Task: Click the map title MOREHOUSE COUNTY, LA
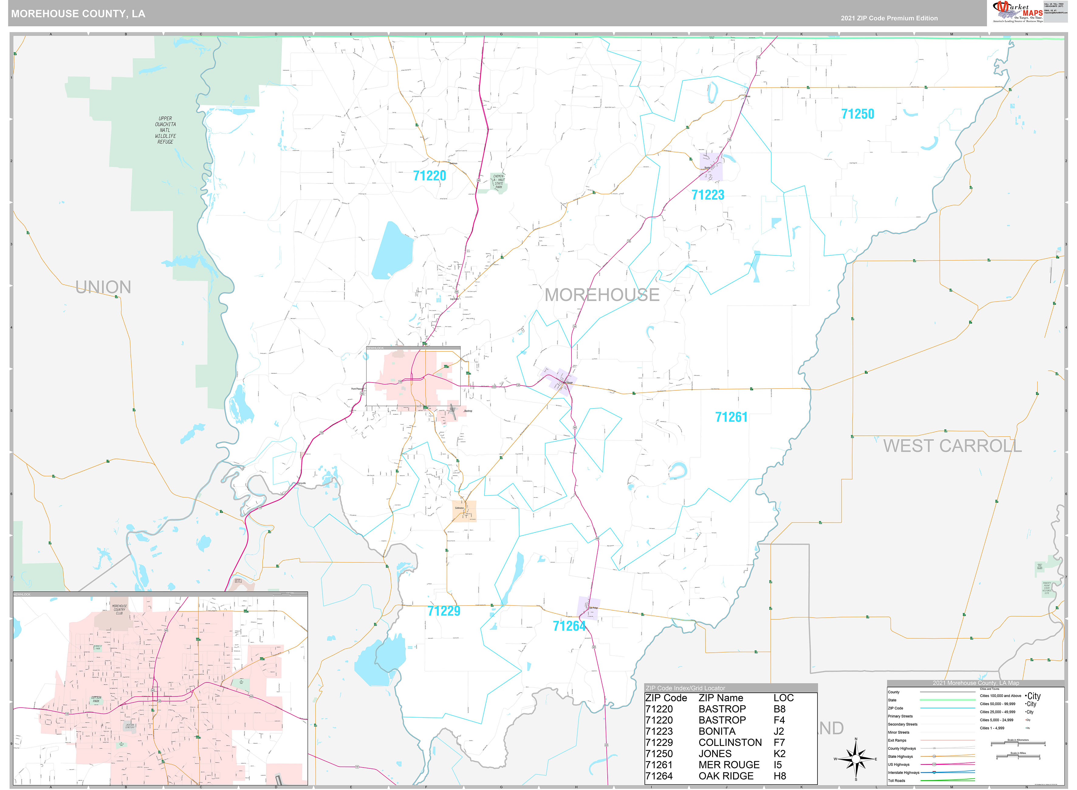pyautogui.click(x=78, y=13)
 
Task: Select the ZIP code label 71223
pyautogui.click(x=708, y=195)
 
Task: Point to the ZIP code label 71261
pyautogui.click(x=731, y=417)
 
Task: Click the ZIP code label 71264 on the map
pyautogui.click(x=569, y=626)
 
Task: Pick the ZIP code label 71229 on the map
pyautogui.click(x=444, y=611)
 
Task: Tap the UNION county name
pyautogui.click(x=103, y=287)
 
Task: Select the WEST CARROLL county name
pyautogui.click(x=952, y=446)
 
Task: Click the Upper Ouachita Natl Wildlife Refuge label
pyautogui.click(x=165, y=130)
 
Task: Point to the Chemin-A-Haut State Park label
pyautogui.click(x=498, y=182)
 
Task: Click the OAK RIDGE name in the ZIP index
pyautogui.click(x=726, y=776)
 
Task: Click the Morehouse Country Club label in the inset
pyautogui.click(x=119, y=610)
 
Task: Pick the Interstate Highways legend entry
pyautogui.click(x=904, y=772)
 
